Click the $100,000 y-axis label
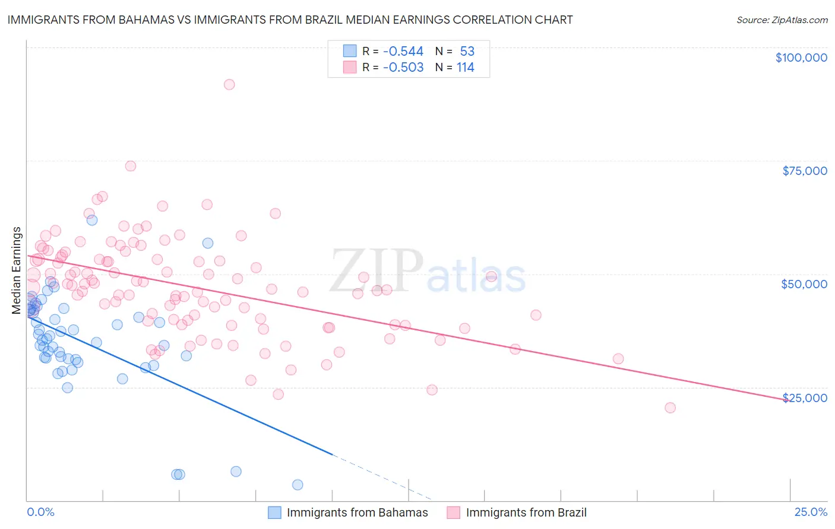tap(801, 58)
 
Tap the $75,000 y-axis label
tap(805, 171)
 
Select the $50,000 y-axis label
tap(804, 284)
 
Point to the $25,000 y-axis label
tap(804, 397)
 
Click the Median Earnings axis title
tap(17, 270)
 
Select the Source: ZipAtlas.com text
tap(782, 20)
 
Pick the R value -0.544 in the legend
tap(403, 51)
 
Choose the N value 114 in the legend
tap(466, 68)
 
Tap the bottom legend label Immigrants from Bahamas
tap(357, 512)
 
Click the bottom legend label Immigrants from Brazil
tap(526, 512)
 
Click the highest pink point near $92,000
tap(229, 84)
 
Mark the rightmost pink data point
tap(670, 407)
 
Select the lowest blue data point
tap(298, 485)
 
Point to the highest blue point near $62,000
tap(92, 220)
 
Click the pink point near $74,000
tap(131, 166)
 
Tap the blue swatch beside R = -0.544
tap(350, 51)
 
